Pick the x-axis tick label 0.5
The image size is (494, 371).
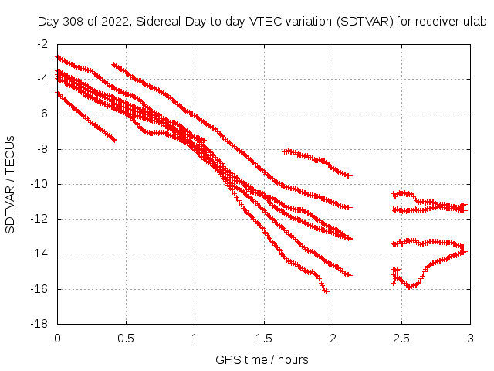click(x=126, y=339)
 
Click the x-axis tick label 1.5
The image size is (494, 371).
click(x=264, y=339)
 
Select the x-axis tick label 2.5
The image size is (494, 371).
click(x=401, y=339)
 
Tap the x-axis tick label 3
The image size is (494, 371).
click(x=470, y=339)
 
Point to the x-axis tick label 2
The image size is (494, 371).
click(x=333, y=339)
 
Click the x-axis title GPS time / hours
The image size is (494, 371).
click(x=262, y=359)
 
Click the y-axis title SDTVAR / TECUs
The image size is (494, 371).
click(x=10, y=184)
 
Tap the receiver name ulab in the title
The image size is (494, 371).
click(x=475, y=22)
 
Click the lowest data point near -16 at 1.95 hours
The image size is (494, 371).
click(x=326, y=291)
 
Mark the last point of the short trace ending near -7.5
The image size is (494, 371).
click(x=114, y=140)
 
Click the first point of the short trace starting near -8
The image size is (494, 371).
click(x=285, y=151)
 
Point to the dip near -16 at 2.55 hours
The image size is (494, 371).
click(x=411, y=287)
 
